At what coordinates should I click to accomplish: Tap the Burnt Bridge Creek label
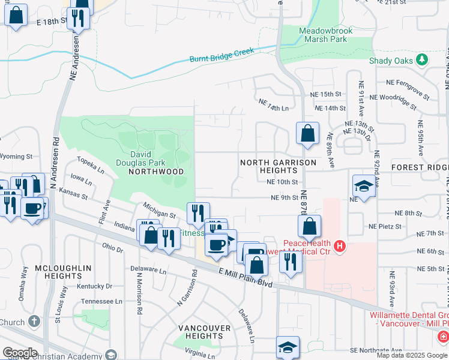tap(221, 56)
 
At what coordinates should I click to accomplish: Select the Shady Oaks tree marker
tap(423, 59)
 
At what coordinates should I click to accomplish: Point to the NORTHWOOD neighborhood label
tap(156, 172)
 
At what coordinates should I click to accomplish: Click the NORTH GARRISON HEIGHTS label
tap(278, 166)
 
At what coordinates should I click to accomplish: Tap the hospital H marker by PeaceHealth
tap(340, 246)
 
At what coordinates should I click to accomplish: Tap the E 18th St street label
tap(50, 22)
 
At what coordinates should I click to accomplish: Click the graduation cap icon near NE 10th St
tap(363, 186)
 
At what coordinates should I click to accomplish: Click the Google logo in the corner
tap(20, 353)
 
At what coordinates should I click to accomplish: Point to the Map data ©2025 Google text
tap(412, 355)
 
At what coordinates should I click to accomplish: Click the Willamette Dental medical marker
tap(442, 337)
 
